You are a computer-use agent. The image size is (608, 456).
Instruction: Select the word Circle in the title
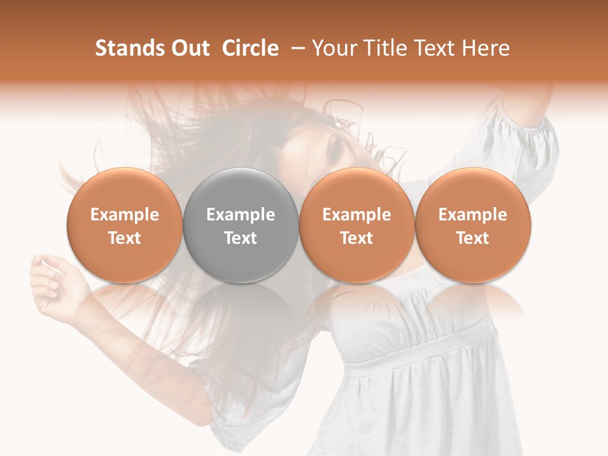pyautogui.click(x=250, y=48)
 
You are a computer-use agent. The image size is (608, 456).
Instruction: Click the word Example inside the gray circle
pyautogui.click(x=241, y=215)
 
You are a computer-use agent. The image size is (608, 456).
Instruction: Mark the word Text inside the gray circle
pyautogui.click(x=241, y=238)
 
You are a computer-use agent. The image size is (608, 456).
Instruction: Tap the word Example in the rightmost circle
pyautogui.click(x=472, y=215)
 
